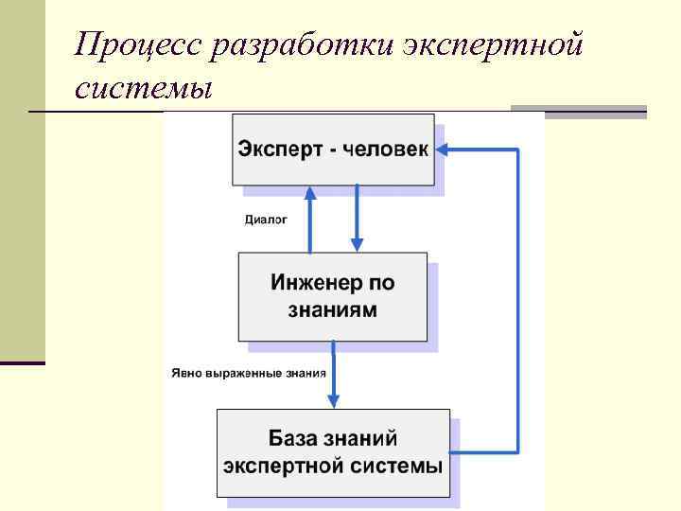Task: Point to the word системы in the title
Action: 144,90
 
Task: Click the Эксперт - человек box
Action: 333,149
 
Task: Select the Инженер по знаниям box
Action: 332,296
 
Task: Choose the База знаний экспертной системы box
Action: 333,452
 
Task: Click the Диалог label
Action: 266,220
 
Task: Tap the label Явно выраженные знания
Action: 249,372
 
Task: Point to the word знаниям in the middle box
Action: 333,309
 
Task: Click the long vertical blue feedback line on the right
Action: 517,303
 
